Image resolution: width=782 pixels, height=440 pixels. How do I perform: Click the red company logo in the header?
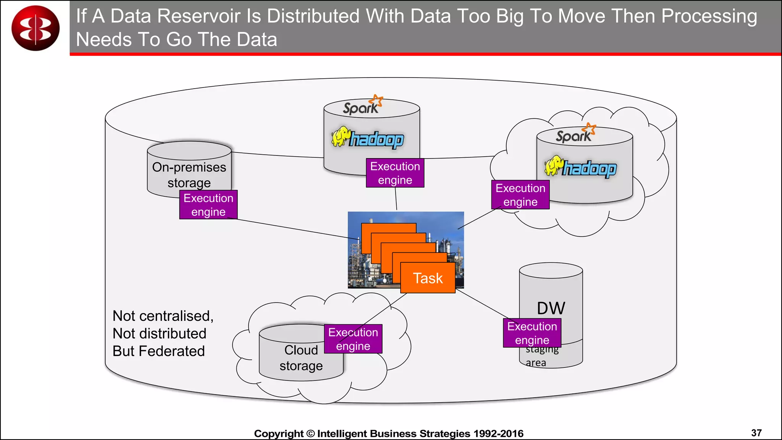pos(36,28)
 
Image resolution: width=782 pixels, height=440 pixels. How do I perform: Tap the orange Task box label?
pos(428,278)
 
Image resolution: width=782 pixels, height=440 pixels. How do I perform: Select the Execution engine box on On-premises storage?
pos(208,205)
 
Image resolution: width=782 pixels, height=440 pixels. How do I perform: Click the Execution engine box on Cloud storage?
pos(353,339)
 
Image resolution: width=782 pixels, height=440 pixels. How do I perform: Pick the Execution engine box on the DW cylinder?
pos(532,333)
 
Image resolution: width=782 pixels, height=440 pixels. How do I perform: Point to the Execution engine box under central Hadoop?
pos(395,173)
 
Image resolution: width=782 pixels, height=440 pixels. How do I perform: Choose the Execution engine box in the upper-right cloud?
pos(520,195)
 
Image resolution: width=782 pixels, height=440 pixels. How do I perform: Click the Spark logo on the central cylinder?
pos(362,106)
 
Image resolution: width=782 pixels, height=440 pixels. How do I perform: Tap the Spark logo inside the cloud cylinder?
pos(575,134)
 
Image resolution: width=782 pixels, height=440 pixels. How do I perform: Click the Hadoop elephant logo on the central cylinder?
pos(368,138)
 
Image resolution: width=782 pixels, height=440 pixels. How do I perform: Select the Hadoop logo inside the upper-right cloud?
pos(580,167)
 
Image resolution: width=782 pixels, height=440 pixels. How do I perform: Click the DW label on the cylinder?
pos(551,308)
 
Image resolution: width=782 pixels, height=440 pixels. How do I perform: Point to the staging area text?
pos(541,356)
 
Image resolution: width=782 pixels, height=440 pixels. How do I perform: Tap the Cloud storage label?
pos(301,358)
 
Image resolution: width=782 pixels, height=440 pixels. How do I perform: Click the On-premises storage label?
pos(189,175)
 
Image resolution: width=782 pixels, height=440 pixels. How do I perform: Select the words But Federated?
pos(158,351)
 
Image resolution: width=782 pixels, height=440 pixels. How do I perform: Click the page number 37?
pos(756,433)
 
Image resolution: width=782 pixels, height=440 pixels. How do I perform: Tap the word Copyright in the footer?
pos(278,434)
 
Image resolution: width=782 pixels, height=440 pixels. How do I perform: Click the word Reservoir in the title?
pos(208,16)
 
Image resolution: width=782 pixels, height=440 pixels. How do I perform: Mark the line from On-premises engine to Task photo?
pos(294,228)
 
